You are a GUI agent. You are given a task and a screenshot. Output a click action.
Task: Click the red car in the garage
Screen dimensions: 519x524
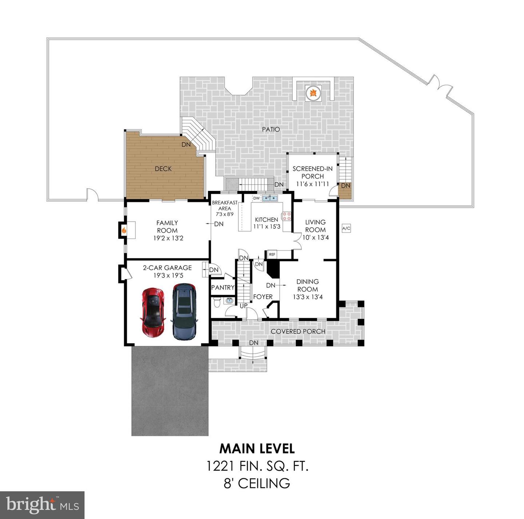(153, 312)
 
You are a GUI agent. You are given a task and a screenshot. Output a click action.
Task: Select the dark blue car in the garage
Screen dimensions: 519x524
(184, 312)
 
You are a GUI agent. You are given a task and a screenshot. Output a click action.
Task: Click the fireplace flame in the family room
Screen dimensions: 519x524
(124, 230)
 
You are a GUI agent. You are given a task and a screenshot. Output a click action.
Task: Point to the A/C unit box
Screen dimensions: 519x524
(346, 228)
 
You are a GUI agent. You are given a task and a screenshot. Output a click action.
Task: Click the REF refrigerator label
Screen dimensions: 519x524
(272, 254)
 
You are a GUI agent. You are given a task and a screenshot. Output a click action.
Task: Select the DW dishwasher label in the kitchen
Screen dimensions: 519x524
(257, 198)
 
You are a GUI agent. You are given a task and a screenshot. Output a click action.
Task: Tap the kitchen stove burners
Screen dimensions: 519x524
(287, 216)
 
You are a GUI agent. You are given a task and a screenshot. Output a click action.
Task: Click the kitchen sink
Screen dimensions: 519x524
(270, 198)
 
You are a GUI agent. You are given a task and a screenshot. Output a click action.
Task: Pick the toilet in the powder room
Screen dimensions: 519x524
(217, 302)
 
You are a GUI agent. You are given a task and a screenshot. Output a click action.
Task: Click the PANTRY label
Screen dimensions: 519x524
(223, 287)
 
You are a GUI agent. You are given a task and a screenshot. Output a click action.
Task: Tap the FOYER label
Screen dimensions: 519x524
(263, 297)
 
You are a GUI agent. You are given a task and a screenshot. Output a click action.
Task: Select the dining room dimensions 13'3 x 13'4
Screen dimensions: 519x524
(307, 297)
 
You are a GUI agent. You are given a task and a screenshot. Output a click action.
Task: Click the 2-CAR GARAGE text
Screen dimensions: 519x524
(167, 268)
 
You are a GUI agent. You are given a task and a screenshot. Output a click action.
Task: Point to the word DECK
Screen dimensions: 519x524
(163, 169)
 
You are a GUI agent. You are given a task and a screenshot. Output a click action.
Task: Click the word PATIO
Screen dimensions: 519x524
(271, 129)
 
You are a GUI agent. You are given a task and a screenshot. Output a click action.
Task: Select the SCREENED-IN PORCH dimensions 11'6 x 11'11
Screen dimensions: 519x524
(313, 184)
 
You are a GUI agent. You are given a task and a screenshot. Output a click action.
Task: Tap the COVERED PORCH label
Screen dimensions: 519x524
(298, 331)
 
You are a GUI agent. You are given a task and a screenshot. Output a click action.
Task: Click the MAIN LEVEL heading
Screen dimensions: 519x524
(257, 448)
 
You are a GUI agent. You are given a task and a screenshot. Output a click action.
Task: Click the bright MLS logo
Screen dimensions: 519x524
(42, 505)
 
